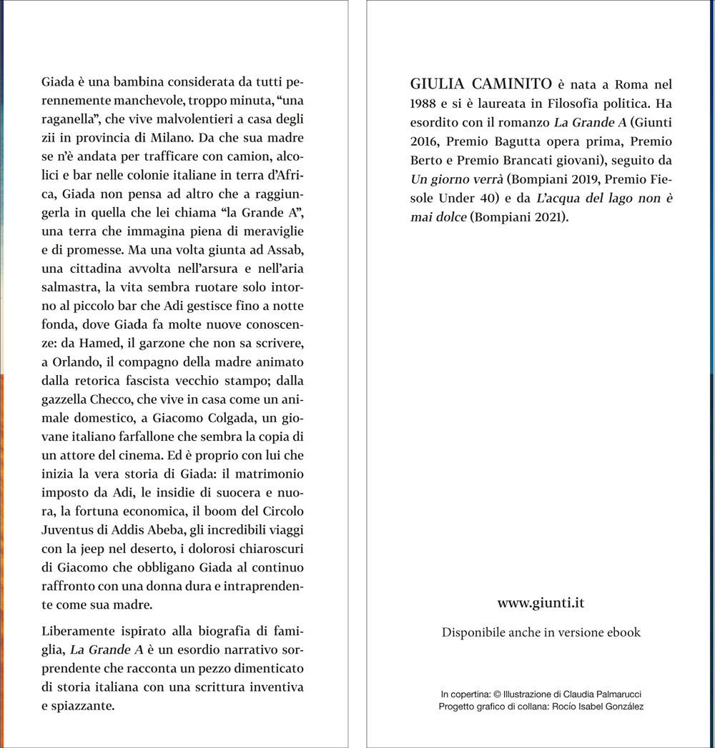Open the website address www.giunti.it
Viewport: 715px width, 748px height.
coord(541,603)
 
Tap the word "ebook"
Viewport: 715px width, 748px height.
coord(623,632)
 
